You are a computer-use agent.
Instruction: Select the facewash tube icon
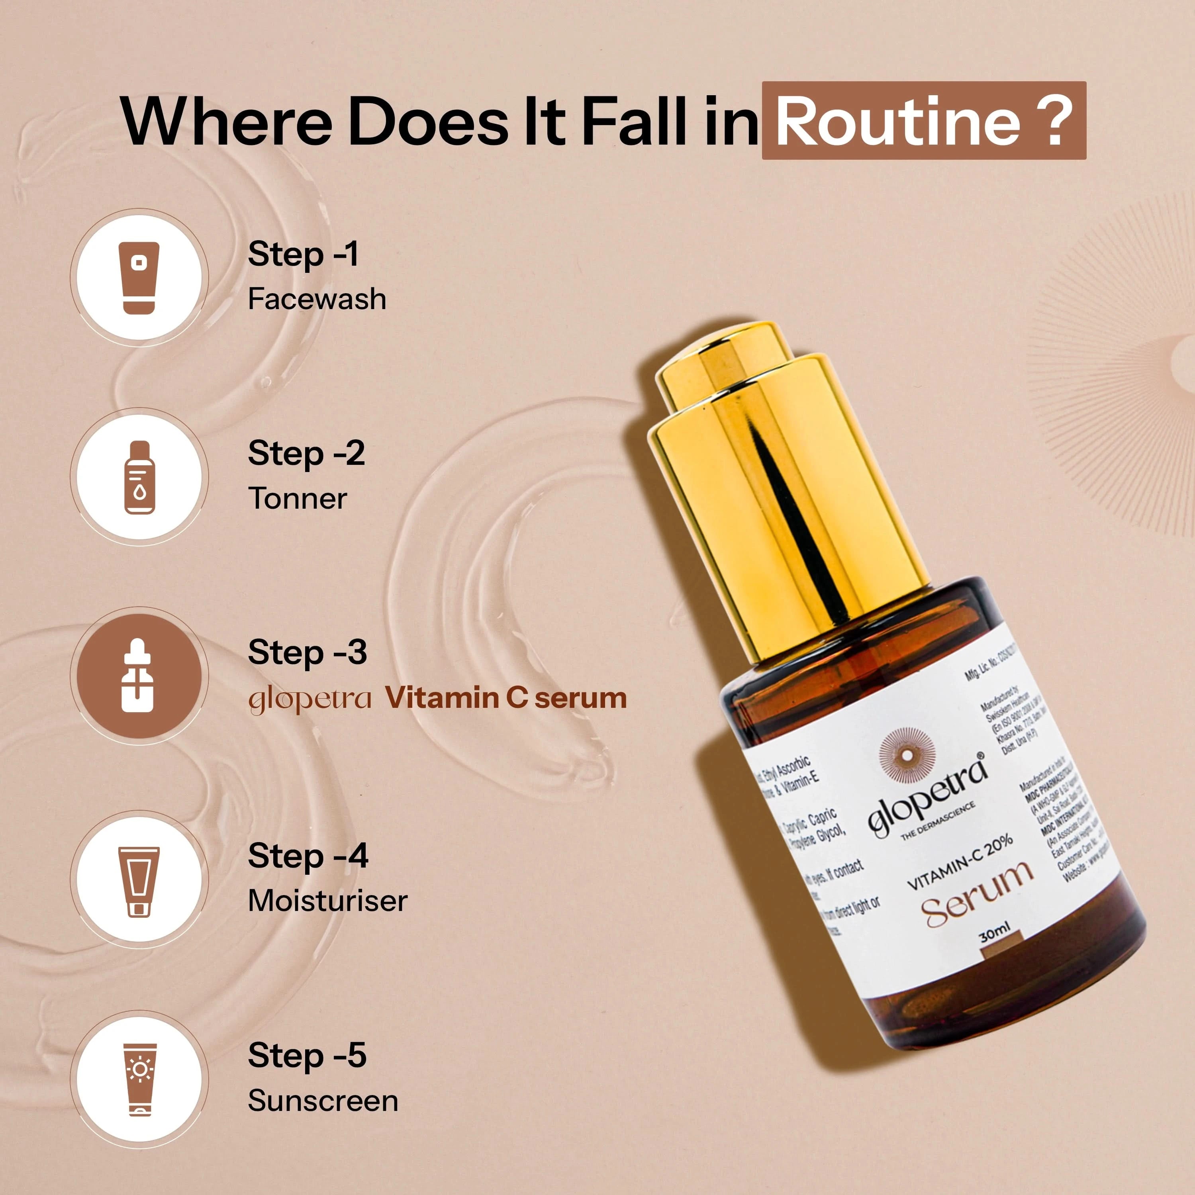coord(139,278)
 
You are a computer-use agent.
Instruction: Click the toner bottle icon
coord(139,477)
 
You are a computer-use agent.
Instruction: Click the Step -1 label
coord(303,254)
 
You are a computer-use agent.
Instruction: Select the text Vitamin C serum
coord(506,698)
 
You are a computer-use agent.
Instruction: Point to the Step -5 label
coord(307,1055)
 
